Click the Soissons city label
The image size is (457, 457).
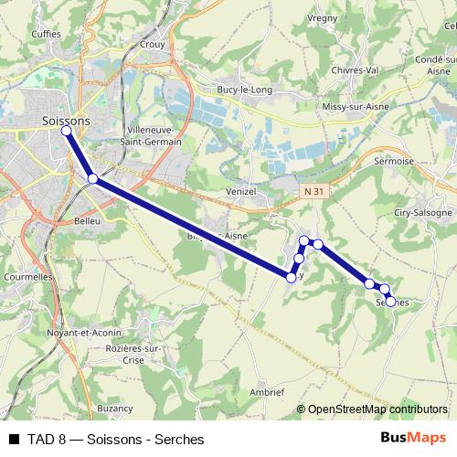pos(66,119)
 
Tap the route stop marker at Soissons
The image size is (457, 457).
pos(67,131)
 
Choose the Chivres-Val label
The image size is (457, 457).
pos(356,69)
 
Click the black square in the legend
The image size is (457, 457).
pos(14,439)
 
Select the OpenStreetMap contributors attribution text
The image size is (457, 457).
pos(377,409)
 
